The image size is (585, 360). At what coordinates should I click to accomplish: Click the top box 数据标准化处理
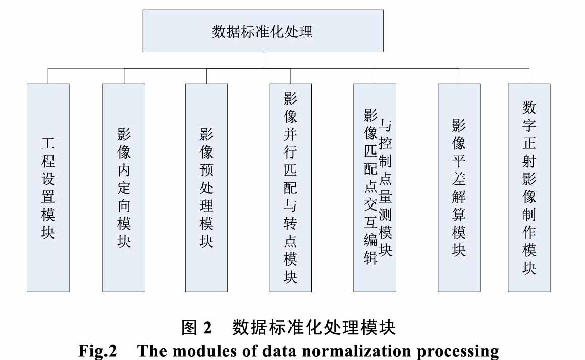pyautogui.click(x=263, y=31)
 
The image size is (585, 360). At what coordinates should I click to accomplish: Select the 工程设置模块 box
pyautogui.click(x=48, y=188)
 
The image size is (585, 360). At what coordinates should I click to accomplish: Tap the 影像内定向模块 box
pyautogui.click(x=124, y=188)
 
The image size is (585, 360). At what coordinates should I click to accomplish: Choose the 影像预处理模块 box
pyautogui.click(x=206, y=188)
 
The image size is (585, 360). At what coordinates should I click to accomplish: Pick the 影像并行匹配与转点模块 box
pyautogui.click(x=291, y=188)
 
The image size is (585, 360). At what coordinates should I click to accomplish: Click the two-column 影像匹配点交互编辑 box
pyautogui.click(x=375, y=188)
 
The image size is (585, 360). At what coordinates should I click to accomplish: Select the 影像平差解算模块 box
pyautogui.click(x=459, y=188)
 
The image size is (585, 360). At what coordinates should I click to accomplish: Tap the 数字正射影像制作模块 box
pyautogui.click(x=529, y=188)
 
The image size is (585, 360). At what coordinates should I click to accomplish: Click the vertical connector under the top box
pyautogui.click(x=263, y=60)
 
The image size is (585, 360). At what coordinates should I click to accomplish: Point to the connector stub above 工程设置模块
pyautogui.click(x=48, y=76)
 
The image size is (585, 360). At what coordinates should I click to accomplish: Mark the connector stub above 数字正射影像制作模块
pyautogui.click(x=529, y=76)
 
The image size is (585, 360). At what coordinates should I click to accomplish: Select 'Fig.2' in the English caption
pyautogui.click(x=97, y=351)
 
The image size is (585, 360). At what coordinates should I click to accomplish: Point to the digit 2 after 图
pyautogui.click(x=207, y=328)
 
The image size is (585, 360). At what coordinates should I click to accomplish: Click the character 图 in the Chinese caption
pyautogui.click(x=189, y=328)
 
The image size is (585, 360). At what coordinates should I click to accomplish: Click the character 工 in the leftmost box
pyautogui.click(x=48, y=143)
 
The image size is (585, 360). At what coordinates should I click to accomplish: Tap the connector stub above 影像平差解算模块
pyautogui.click(x=459, y=76)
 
